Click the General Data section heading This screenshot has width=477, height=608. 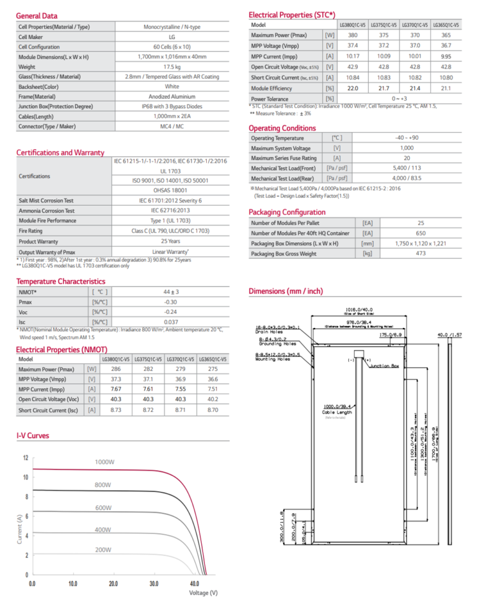(37, 16)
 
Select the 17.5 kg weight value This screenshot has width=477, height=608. (172, 66)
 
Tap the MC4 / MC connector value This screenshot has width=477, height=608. (172, 126)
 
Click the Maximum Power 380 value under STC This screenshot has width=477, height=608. (352, 35)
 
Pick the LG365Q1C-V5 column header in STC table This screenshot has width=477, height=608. (445, 25)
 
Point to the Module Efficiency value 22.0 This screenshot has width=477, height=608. (352, 89)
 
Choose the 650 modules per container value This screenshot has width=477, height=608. (420, 233)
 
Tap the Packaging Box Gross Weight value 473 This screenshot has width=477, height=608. (420, 253)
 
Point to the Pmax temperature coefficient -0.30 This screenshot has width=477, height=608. (171, 302)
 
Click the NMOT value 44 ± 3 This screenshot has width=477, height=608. (171, 292)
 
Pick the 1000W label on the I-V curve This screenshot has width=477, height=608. (107, 463)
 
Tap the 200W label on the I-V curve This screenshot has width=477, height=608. (102, 550)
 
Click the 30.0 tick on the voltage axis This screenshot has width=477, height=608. (153, 584)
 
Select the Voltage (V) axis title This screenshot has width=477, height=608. (203, 594)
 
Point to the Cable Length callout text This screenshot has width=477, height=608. (337, 413)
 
